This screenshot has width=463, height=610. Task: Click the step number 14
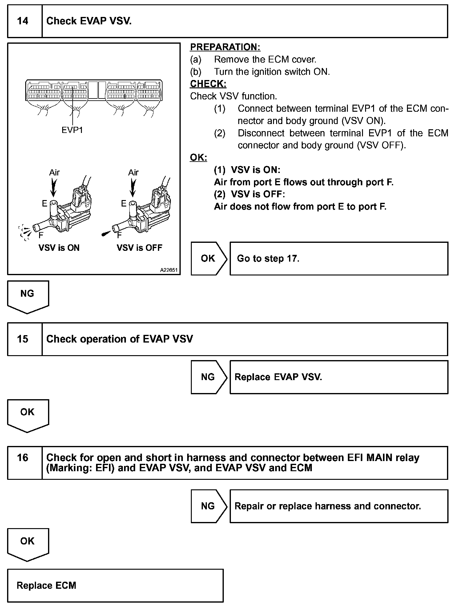tap(23, 21)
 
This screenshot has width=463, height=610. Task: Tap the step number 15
tap(23, 339)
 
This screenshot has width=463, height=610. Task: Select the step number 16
tap(23, 458)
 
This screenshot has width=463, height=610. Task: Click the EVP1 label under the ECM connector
tap(72, 130)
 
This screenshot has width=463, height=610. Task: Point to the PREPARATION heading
tap(225, 47)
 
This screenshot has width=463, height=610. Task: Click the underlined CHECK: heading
tap(208, 84)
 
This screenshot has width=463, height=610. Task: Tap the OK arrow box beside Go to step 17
tap(208, 258)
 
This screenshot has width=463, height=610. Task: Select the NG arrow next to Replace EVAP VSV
tap(208, 377)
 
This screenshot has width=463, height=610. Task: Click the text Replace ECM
tap(46, 585)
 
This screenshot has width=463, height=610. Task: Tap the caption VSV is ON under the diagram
tap(59, 248)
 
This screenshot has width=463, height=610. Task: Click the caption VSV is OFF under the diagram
tap(139, 248)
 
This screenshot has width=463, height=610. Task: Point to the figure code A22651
tap(169, 270)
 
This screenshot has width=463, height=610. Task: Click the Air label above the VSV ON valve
tap(54, 172)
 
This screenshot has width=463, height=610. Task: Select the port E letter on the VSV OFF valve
tap(124, 203)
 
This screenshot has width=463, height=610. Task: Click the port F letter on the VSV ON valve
tap(41, 235)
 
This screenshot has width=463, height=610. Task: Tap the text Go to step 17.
tap(268, 258)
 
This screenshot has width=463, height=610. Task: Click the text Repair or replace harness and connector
tap(328, 506)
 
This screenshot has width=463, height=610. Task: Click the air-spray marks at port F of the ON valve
tap(25, 232)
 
